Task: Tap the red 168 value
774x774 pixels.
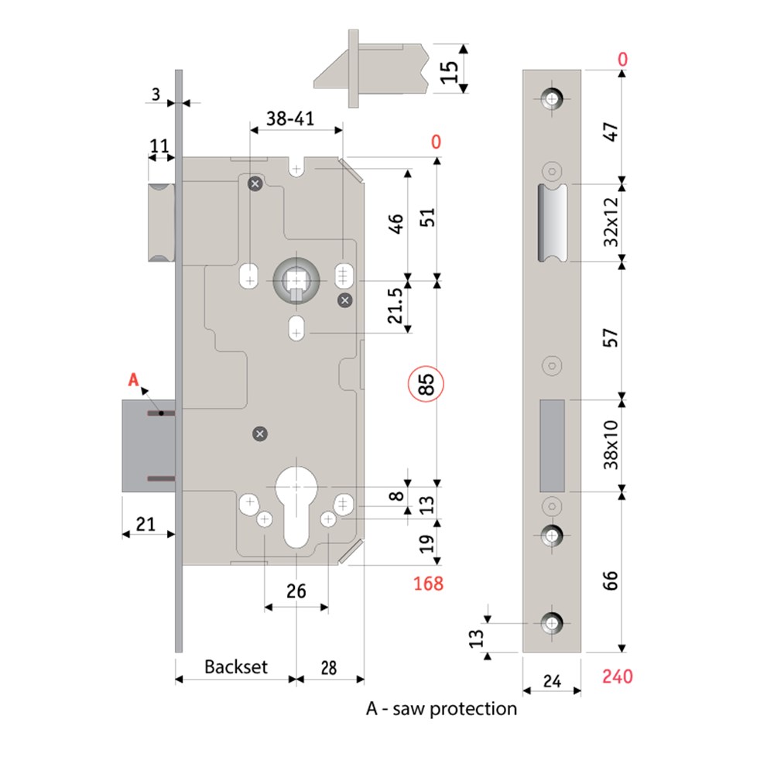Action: tap(428, 583)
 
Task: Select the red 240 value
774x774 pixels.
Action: tap(617, 676)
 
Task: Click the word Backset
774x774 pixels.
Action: tap(235, 666)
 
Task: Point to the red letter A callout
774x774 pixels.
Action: tap(133, 379)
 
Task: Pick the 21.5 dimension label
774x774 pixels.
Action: tap(395, 307)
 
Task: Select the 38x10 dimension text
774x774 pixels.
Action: tap(611, 444)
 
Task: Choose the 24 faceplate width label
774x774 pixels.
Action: tap(551, 681)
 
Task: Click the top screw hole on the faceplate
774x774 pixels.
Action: tap(552, 99)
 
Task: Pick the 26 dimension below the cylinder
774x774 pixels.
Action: tap(296, 591)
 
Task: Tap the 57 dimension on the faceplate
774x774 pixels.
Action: tap(611, 338)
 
